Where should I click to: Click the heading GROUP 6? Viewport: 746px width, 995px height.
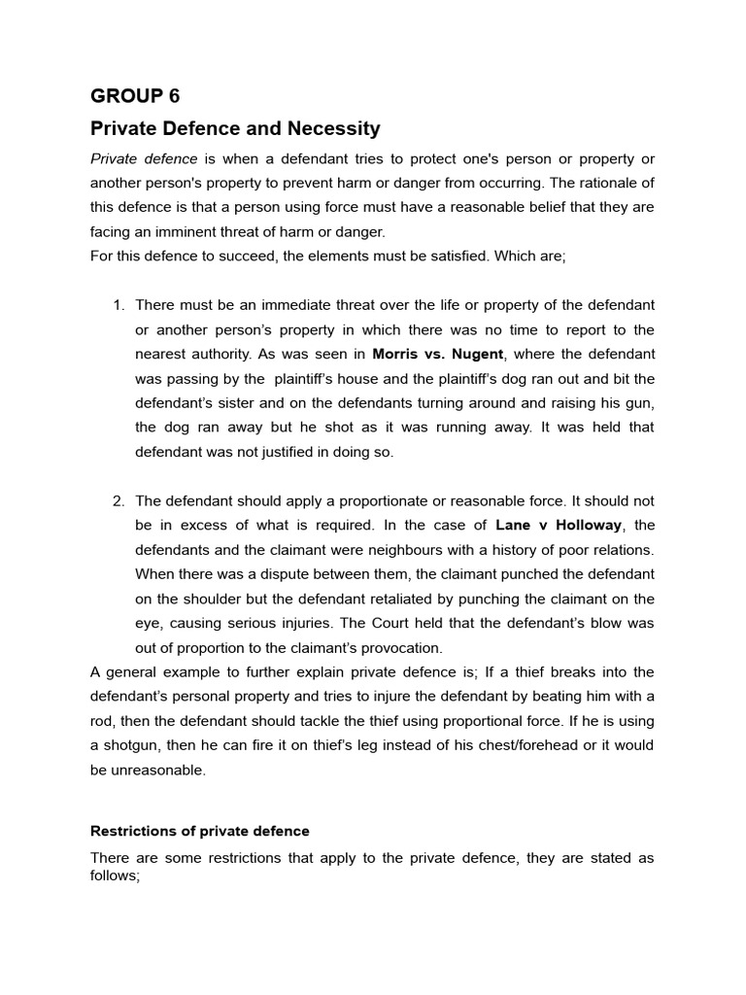[135, 96]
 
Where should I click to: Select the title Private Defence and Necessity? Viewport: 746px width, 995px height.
[235, 128]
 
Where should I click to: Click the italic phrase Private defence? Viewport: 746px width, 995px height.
[144, 158]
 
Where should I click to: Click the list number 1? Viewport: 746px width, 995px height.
[119, 305]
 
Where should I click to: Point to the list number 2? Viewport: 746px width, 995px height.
[119, 500]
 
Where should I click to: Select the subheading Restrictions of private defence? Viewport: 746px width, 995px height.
[200, 831]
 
